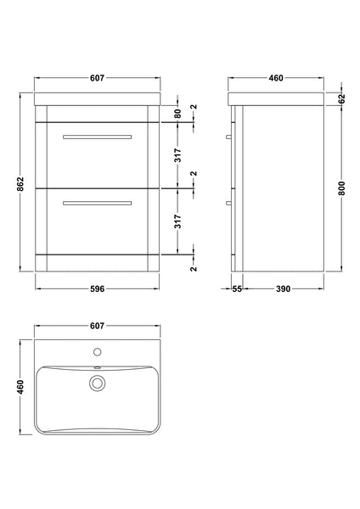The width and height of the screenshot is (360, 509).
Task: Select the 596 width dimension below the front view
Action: [x=97, y=288]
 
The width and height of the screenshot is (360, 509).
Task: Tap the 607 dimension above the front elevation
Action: [x=97, y=78]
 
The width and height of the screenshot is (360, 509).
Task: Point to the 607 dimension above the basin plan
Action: [x=97, y=326]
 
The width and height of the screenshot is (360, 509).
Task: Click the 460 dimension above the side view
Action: [x=276, y=78]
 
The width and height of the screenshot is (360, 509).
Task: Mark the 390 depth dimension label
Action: [x=283, y=288]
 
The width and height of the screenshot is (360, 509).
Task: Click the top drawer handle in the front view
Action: [x=97, y=136]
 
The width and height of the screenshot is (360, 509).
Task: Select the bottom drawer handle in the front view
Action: [x=97, y=202]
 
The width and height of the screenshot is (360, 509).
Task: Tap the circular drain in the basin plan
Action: [x=97, y=384]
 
